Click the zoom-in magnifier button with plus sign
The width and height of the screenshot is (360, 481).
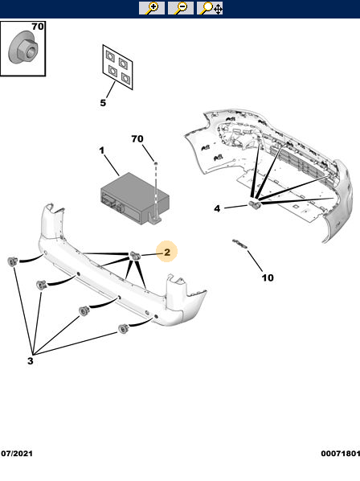152,8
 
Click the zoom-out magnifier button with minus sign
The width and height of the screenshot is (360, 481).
181,8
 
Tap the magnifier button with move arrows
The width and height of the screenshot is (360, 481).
210,8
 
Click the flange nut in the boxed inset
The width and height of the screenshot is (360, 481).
22,47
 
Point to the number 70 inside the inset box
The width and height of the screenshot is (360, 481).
38,27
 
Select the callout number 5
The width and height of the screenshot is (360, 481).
103,103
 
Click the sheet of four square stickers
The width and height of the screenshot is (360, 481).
117,68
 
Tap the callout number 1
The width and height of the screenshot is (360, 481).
102,150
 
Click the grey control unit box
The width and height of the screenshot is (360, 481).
135,198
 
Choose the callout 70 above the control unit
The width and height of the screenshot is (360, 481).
137,139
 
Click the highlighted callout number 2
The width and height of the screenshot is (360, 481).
167,252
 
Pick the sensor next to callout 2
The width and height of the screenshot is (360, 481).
135,256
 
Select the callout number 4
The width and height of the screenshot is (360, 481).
217,208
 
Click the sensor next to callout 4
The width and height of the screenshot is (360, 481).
254,204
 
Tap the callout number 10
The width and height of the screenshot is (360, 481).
268,277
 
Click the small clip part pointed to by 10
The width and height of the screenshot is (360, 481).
239,245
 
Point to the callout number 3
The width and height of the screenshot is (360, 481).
30,360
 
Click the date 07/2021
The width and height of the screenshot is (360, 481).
17,454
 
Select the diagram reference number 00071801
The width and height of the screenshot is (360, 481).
341,454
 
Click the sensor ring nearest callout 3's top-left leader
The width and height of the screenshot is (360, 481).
13,261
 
